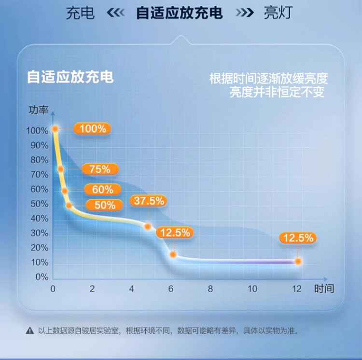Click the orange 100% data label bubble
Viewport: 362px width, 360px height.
[x=92, y=129]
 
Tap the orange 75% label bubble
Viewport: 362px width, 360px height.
[x=99, y=169]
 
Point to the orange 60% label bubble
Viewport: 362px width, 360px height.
[x=102, y=190]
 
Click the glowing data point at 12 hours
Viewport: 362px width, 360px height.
[x=298, y=261]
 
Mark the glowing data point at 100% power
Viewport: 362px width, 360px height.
[x=55, y=129]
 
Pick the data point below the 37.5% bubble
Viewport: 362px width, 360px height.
[x=148, y=226]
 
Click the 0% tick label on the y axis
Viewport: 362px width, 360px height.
[x=42, y=277]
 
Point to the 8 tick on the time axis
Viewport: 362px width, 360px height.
[x=210, y=289]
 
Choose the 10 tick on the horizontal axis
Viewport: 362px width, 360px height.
[x=252, y=289]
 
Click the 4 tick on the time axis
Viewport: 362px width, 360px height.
[x=131, y=289]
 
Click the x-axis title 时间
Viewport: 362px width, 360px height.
[x=323, y=289]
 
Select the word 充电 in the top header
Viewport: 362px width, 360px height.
[x=81, y=13]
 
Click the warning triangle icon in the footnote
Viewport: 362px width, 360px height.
[x=30, y=331]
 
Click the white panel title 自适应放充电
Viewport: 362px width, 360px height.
[x=70, y=77]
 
